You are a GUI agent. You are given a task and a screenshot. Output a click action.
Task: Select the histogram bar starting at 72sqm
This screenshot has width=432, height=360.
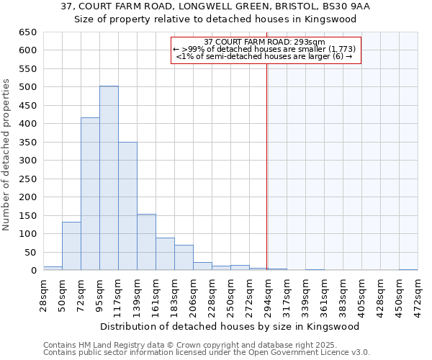coord(90,194)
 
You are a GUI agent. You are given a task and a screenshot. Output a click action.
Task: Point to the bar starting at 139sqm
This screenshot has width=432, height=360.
coord(146,242)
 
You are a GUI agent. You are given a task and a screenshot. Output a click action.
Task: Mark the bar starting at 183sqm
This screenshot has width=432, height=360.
coord(184,258)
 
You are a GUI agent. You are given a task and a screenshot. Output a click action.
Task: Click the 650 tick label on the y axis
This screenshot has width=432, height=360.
coord(28,32)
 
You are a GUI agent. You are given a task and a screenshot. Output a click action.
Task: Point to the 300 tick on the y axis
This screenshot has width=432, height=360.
coord(28,161)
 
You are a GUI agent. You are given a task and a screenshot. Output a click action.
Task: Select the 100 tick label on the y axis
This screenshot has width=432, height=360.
coord(28,234)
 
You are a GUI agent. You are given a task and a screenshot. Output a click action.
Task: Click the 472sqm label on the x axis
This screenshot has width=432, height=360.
coord(418,296)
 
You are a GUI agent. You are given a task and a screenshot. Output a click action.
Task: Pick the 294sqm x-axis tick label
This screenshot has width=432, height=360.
coord(269,296)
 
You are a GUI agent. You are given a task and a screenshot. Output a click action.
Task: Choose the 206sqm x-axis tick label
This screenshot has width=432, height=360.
coord(194,296)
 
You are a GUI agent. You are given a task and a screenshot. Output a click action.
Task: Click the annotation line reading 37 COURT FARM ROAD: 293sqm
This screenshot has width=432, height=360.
coord(265,42)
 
